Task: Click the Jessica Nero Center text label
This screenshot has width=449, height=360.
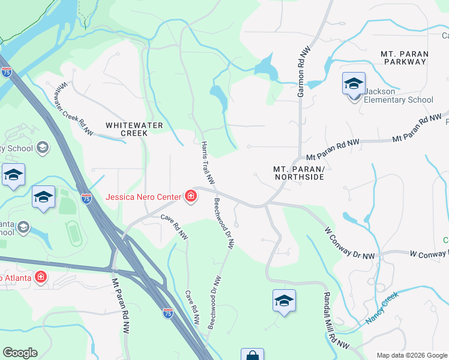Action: pos(144,196)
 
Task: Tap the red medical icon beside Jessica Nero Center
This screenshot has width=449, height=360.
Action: pos(191,196)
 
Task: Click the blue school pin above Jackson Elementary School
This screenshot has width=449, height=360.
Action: pos(354,84)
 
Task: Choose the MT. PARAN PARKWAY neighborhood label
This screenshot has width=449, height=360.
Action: pos(405,58)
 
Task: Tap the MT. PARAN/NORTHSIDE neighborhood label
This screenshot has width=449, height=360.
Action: pos(299,173)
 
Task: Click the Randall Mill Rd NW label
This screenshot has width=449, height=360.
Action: pos(336,320)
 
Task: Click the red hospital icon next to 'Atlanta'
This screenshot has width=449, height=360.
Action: pos(40,277)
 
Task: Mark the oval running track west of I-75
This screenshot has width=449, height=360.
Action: pos(73,233)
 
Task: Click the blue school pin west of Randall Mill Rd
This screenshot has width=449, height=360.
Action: pos(284,301)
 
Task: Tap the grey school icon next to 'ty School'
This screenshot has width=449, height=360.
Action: pos(43,147)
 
